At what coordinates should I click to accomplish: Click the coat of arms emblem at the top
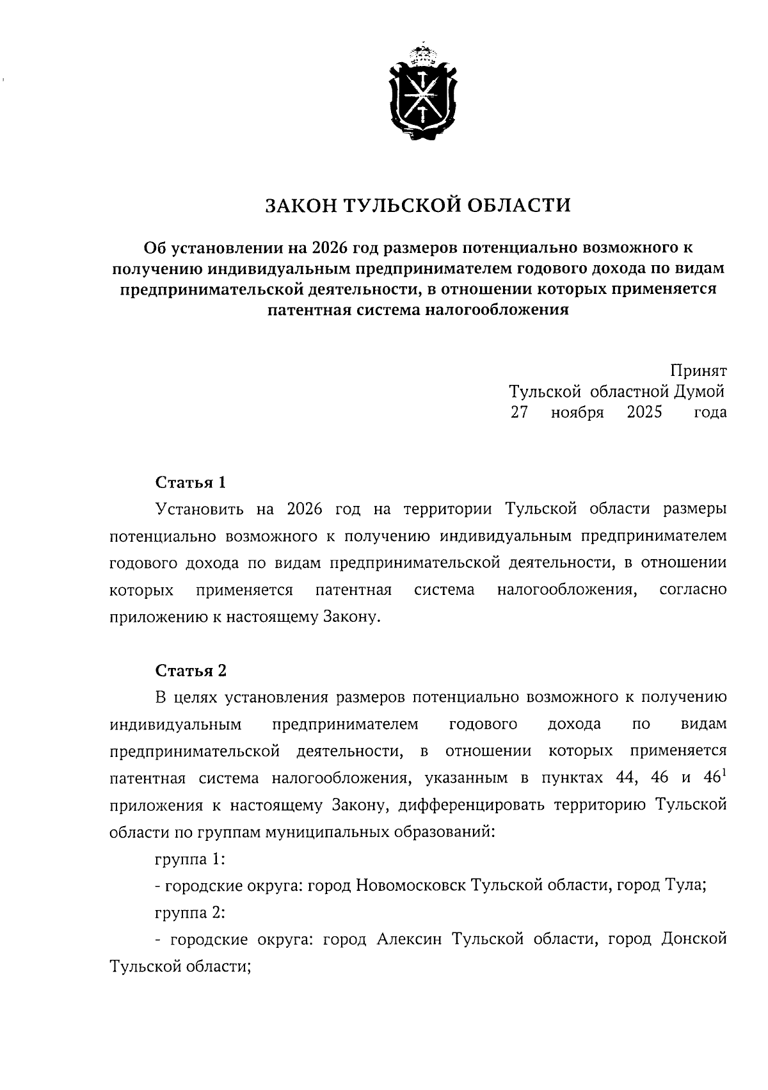tap(422, 93)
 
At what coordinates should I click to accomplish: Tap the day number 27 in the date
tap(519, 412)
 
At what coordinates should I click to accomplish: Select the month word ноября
tap(577, 412)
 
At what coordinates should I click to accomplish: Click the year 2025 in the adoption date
tap(644, 412)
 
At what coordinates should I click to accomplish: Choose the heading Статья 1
tap(191, 482)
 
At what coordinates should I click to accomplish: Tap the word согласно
tap(692, 589)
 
